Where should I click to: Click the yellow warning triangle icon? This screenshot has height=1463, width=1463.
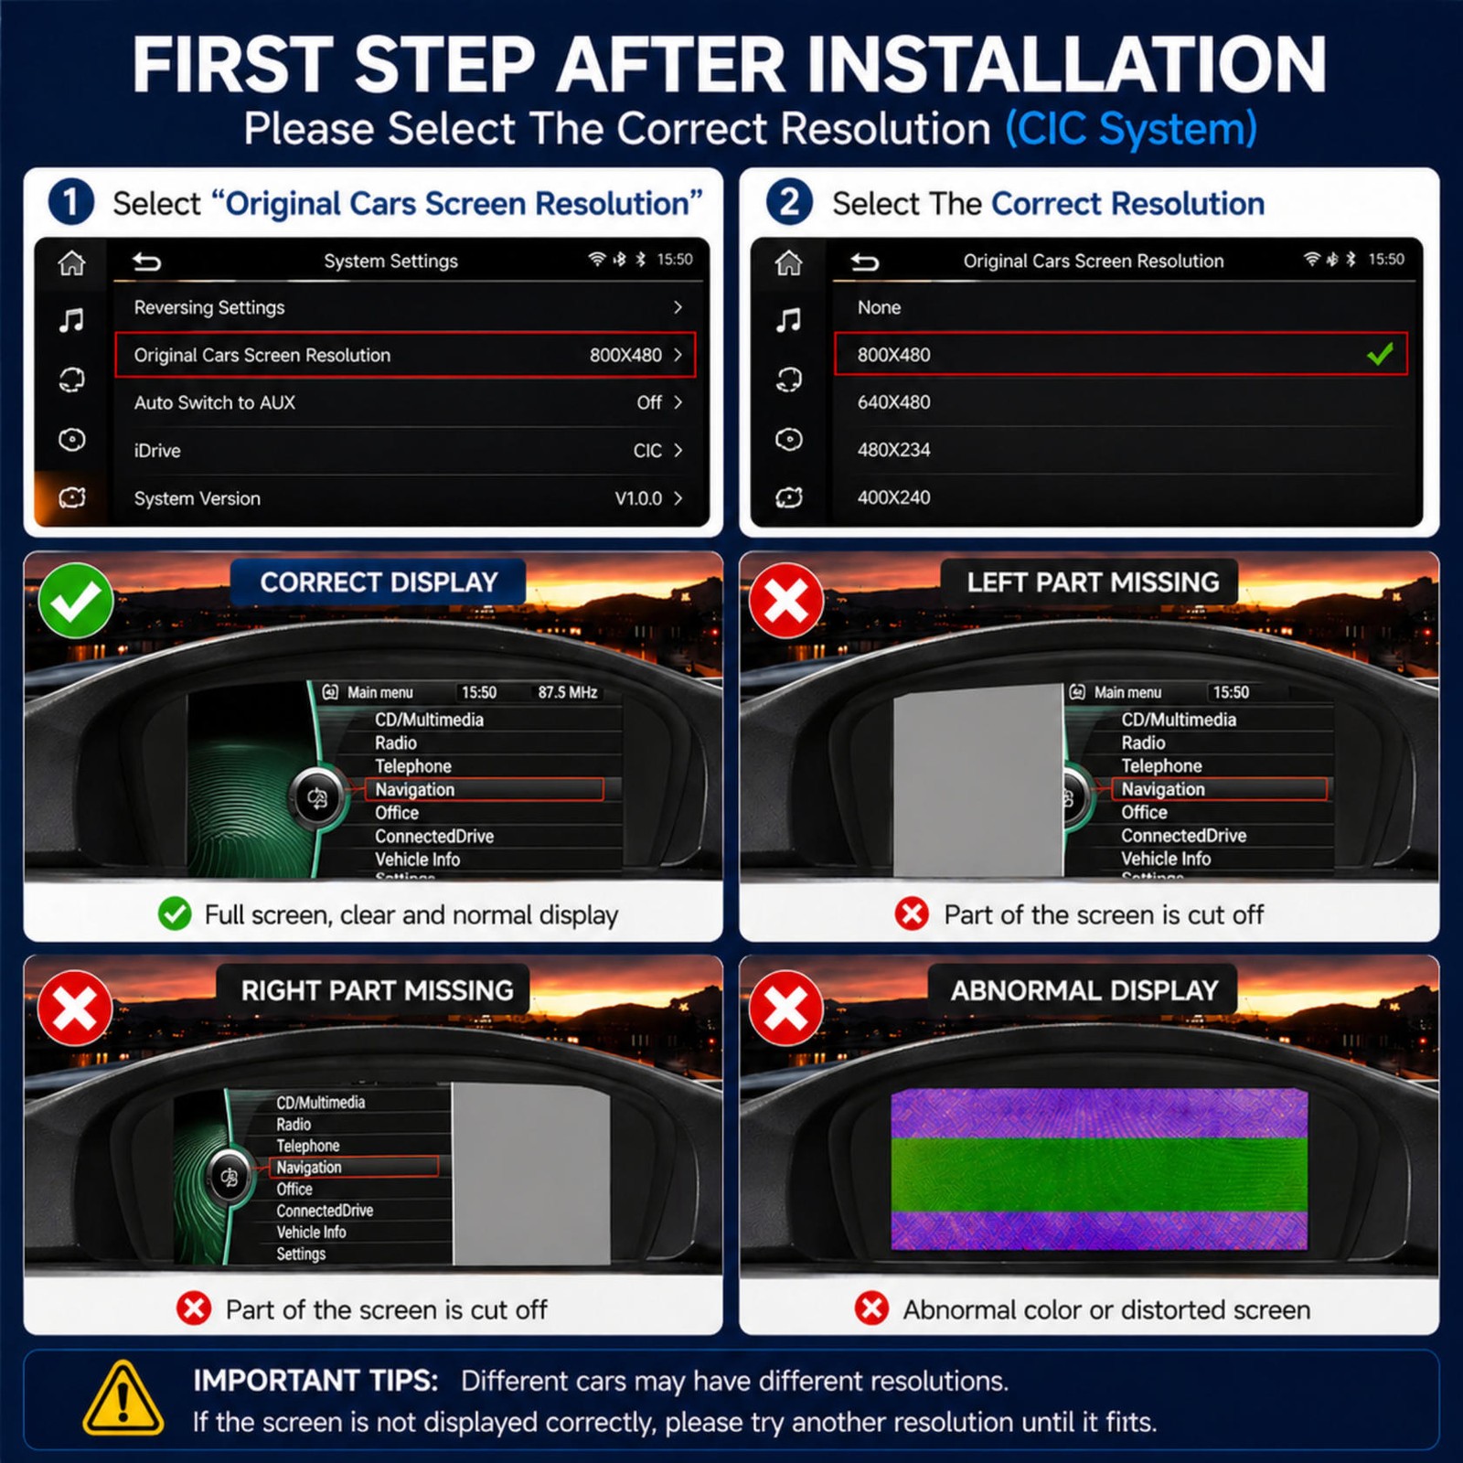(x=123, y=1398)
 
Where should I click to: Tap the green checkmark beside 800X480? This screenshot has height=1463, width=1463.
(x=1380, y=354)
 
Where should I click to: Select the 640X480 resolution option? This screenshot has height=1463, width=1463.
(x=893, y=402)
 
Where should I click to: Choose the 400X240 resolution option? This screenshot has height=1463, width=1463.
(x=893, y=497)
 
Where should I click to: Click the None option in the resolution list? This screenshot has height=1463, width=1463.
(x=879, y=307)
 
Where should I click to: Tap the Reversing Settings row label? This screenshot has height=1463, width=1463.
(x=209, y=307)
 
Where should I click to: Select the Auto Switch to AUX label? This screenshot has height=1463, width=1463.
(x=215, y=402)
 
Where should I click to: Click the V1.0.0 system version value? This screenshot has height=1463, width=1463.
(x=638, y=498)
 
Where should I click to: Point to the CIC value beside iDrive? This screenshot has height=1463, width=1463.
(x=647, y=451)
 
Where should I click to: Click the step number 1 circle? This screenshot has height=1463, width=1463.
(x=71, y=202)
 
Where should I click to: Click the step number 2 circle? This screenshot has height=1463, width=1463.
(x=789, y=202)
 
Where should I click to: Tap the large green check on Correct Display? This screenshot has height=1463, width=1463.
(x=76, y=601)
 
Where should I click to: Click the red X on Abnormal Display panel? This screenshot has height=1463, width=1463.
(x=785, y=1009)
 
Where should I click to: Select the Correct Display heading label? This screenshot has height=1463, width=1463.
(x=379, y=582)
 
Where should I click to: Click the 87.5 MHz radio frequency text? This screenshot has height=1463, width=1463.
(x=568, y=692)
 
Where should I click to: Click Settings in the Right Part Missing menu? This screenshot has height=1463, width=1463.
(x=301, y=1254)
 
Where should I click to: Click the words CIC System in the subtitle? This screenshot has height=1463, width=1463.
(x=1131, y=129)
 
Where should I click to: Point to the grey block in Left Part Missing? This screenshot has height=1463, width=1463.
(x=977, y=780)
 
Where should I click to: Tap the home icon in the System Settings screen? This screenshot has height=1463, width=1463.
(x=71, y=263)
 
